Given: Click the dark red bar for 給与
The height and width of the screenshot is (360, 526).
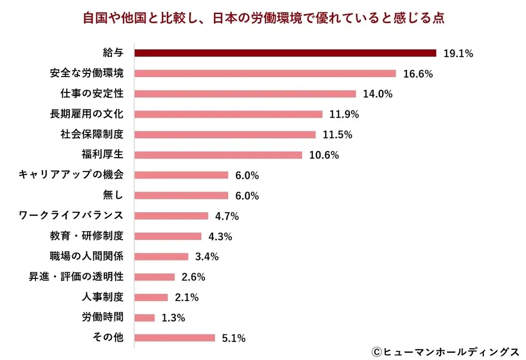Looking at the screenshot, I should (x=285, y=53).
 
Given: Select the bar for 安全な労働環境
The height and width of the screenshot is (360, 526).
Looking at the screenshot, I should (x=265, y=73).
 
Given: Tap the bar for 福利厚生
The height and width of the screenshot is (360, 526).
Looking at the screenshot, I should (x=218, y=155).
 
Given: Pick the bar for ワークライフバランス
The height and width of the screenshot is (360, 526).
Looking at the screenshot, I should (x=172, y=216).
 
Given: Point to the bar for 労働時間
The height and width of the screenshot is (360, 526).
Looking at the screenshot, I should (x=144, y=317).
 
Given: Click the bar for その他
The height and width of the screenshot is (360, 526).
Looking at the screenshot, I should (x=175, y=338).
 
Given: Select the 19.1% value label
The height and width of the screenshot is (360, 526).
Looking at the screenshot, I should (x=458, y=53).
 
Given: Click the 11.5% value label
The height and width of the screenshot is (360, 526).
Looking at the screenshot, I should (x=337, y=135).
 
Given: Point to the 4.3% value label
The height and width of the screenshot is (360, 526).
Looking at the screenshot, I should (x=220, y=236).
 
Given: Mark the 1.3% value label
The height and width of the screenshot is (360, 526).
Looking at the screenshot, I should (x=173, y=318).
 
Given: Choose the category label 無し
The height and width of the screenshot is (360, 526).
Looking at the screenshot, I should (x=113, y=195).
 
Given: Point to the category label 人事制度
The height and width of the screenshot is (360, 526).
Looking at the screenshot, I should (x=102, y=297).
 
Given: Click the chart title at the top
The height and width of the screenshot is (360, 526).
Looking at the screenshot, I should (x=263, y=18).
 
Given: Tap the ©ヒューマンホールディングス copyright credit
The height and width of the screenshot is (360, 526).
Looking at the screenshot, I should (x=445, y=351).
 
